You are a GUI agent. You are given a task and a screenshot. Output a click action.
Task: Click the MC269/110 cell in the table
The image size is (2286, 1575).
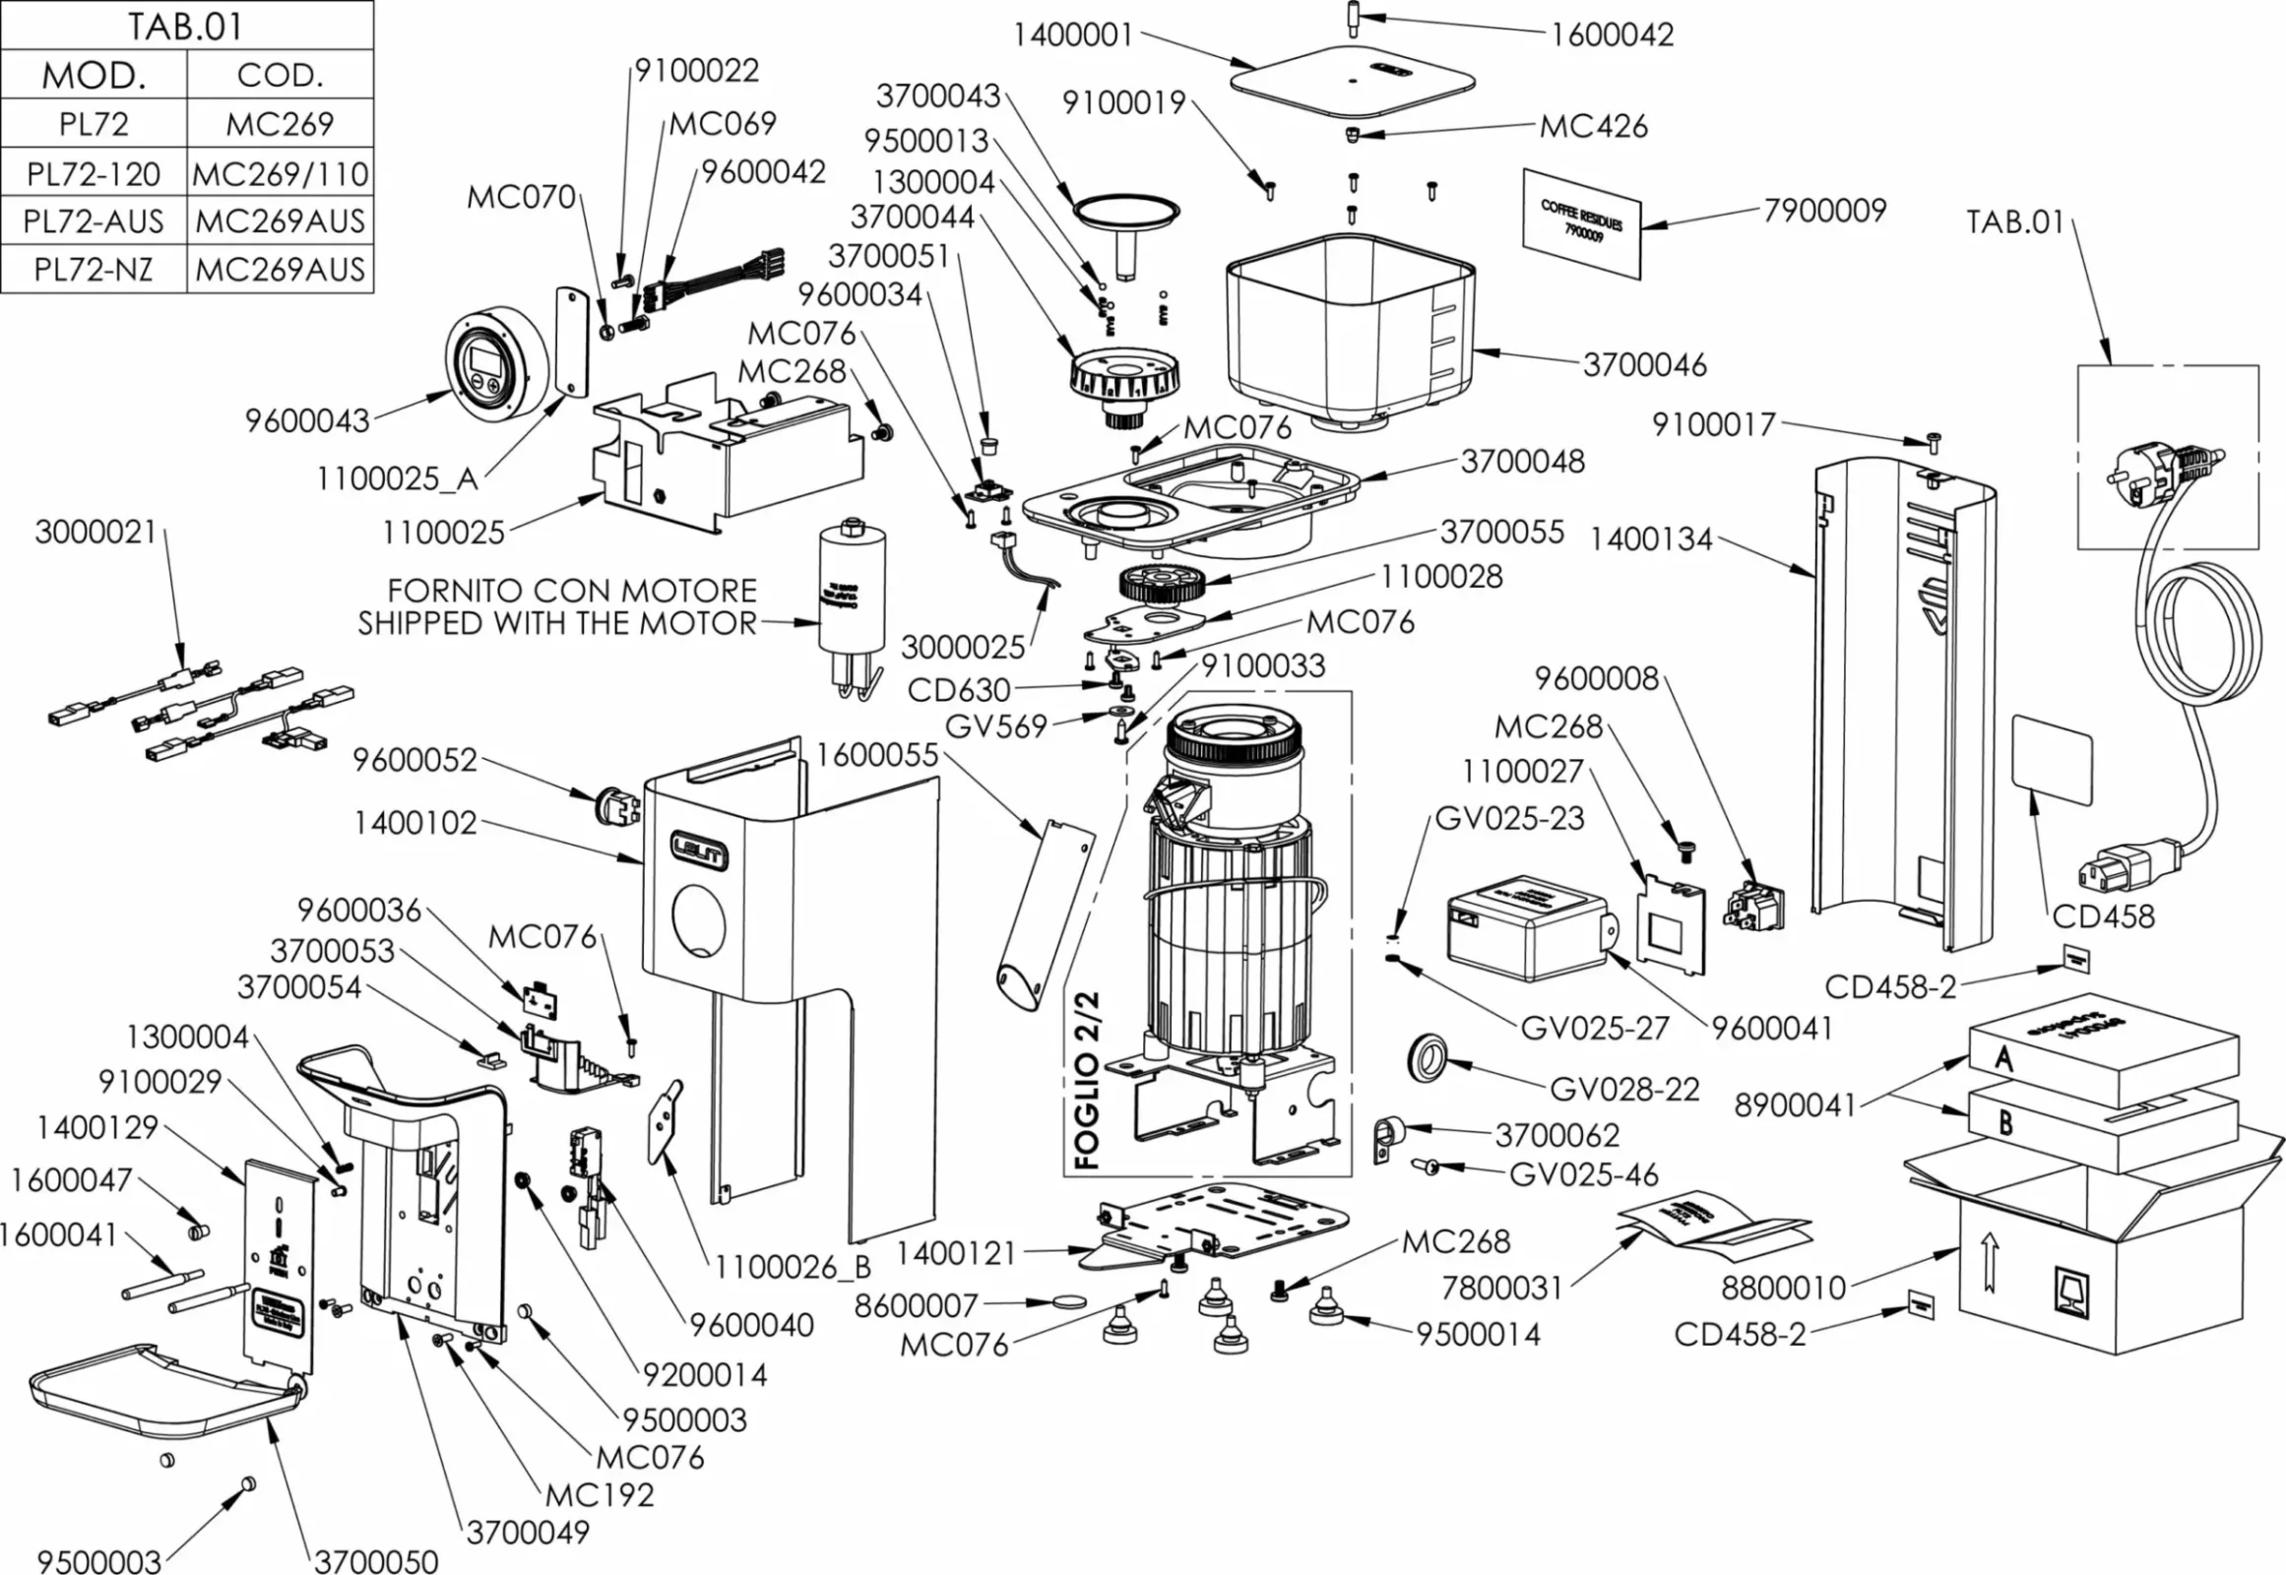[281, 173]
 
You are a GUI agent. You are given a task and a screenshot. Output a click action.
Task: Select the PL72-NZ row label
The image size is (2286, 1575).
[94, 269]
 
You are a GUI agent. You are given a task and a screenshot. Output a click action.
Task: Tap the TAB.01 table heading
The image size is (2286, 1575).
[185, 26]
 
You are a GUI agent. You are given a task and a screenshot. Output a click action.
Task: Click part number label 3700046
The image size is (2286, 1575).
[1644, 365]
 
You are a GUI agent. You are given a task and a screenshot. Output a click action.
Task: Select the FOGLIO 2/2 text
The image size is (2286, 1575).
[1087, 1082]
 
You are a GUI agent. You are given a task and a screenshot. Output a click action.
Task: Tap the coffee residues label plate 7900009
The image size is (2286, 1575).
[1581, 223]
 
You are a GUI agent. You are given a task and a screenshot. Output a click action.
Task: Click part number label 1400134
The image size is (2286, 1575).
[1650, 539]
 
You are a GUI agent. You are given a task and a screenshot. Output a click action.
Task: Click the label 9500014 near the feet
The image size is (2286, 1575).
[1478, 1334]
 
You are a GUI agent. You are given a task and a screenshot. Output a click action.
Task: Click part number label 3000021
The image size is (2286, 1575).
[95, 533]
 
